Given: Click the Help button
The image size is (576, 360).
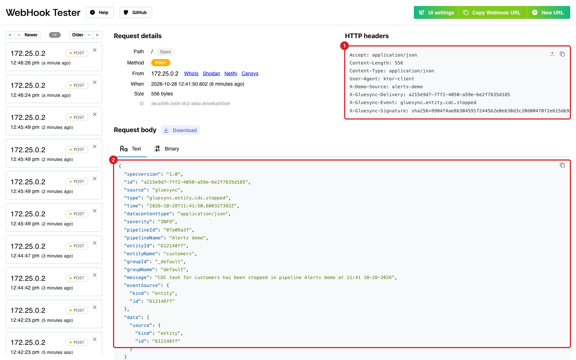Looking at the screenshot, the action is [x=100, y=12].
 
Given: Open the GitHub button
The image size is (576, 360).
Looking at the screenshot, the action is [x=135, y=12].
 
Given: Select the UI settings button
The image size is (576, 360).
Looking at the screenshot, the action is [x=436, y=12].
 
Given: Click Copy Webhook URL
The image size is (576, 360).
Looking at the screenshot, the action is [x=492, y=12].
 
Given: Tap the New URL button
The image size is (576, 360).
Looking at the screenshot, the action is [x=549, y=12].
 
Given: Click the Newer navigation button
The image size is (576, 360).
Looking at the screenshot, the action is [x=28, y=35].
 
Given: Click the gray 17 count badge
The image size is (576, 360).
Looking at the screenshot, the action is [x=55, y=35].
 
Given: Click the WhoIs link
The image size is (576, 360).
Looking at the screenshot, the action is [x=191, y=73].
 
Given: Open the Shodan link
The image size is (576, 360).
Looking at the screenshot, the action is [x=211, y=73].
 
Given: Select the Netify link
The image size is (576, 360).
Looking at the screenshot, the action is [x=231, y=73].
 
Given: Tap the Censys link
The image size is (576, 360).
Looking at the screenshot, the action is [x=250, y=73].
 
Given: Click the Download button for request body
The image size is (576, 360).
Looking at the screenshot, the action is [x=180, y=130].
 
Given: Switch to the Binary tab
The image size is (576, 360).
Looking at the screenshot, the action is [x=166, y=149].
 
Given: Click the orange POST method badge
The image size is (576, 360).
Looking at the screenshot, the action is [x=161, y=63].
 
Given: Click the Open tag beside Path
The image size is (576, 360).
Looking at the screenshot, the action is [x=165, y=52].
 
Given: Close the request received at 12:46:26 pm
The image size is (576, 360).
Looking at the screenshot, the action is [x=95, y=50].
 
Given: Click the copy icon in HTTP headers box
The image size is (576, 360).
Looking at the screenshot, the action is [x=562, y=54].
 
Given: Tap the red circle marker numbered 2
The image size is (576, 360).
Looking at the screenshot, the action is [x=113, y=160].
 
